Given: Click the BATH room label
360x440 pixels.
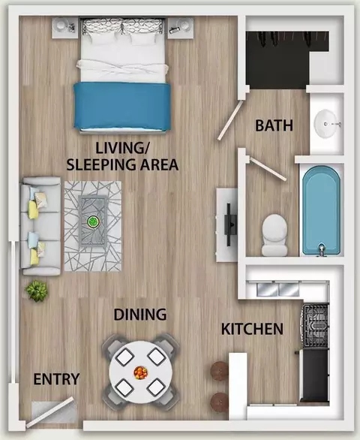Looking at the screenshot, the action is [274, 125].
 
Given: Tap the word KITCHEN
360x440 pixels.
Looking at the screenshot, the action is [252, 329].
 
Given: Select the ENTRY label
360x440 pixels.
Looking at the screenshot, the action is [57, 379].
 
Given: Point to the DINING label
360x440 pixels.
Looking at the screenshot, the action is [140, 315].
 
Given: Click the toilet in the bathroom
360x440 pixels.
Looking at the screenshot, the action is [274, 235].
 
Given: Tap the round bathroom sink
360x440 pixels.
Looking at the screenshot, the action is [326, 123].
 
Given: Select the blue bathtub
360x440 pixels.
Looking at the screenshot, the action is [322, 209].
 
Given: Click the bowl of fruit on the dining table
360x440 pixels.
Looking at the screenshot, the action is [140, 372].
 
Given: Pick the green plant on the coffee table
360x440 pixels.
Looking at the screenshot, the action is [93, 222].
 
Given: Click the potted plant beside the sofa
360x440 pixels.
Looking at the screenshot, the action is [37, 291].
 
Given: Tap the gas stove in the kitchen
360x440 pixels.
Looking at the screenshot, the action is [315, 326].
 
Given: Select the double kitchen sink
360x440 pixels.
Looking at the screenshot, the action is [278, 290].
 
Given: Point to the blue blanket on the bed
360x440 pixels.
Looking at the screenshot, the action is [122, 106].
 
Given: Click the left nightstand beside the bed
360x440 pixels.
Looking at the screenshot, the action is [65, 28].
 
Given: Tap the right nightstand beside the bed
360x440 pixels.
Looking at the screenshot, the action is [181, 29].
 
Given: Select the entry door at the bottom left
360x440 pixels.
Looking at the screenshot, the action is [50, 412].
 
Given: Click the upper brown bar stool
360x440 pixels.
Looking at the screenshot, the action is [220, 371].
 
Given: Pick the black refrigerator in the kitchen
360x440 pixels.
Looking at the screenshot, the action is [314, 375].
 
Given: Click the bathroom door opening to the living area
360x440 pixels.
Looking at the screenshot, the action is [230, 121].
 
